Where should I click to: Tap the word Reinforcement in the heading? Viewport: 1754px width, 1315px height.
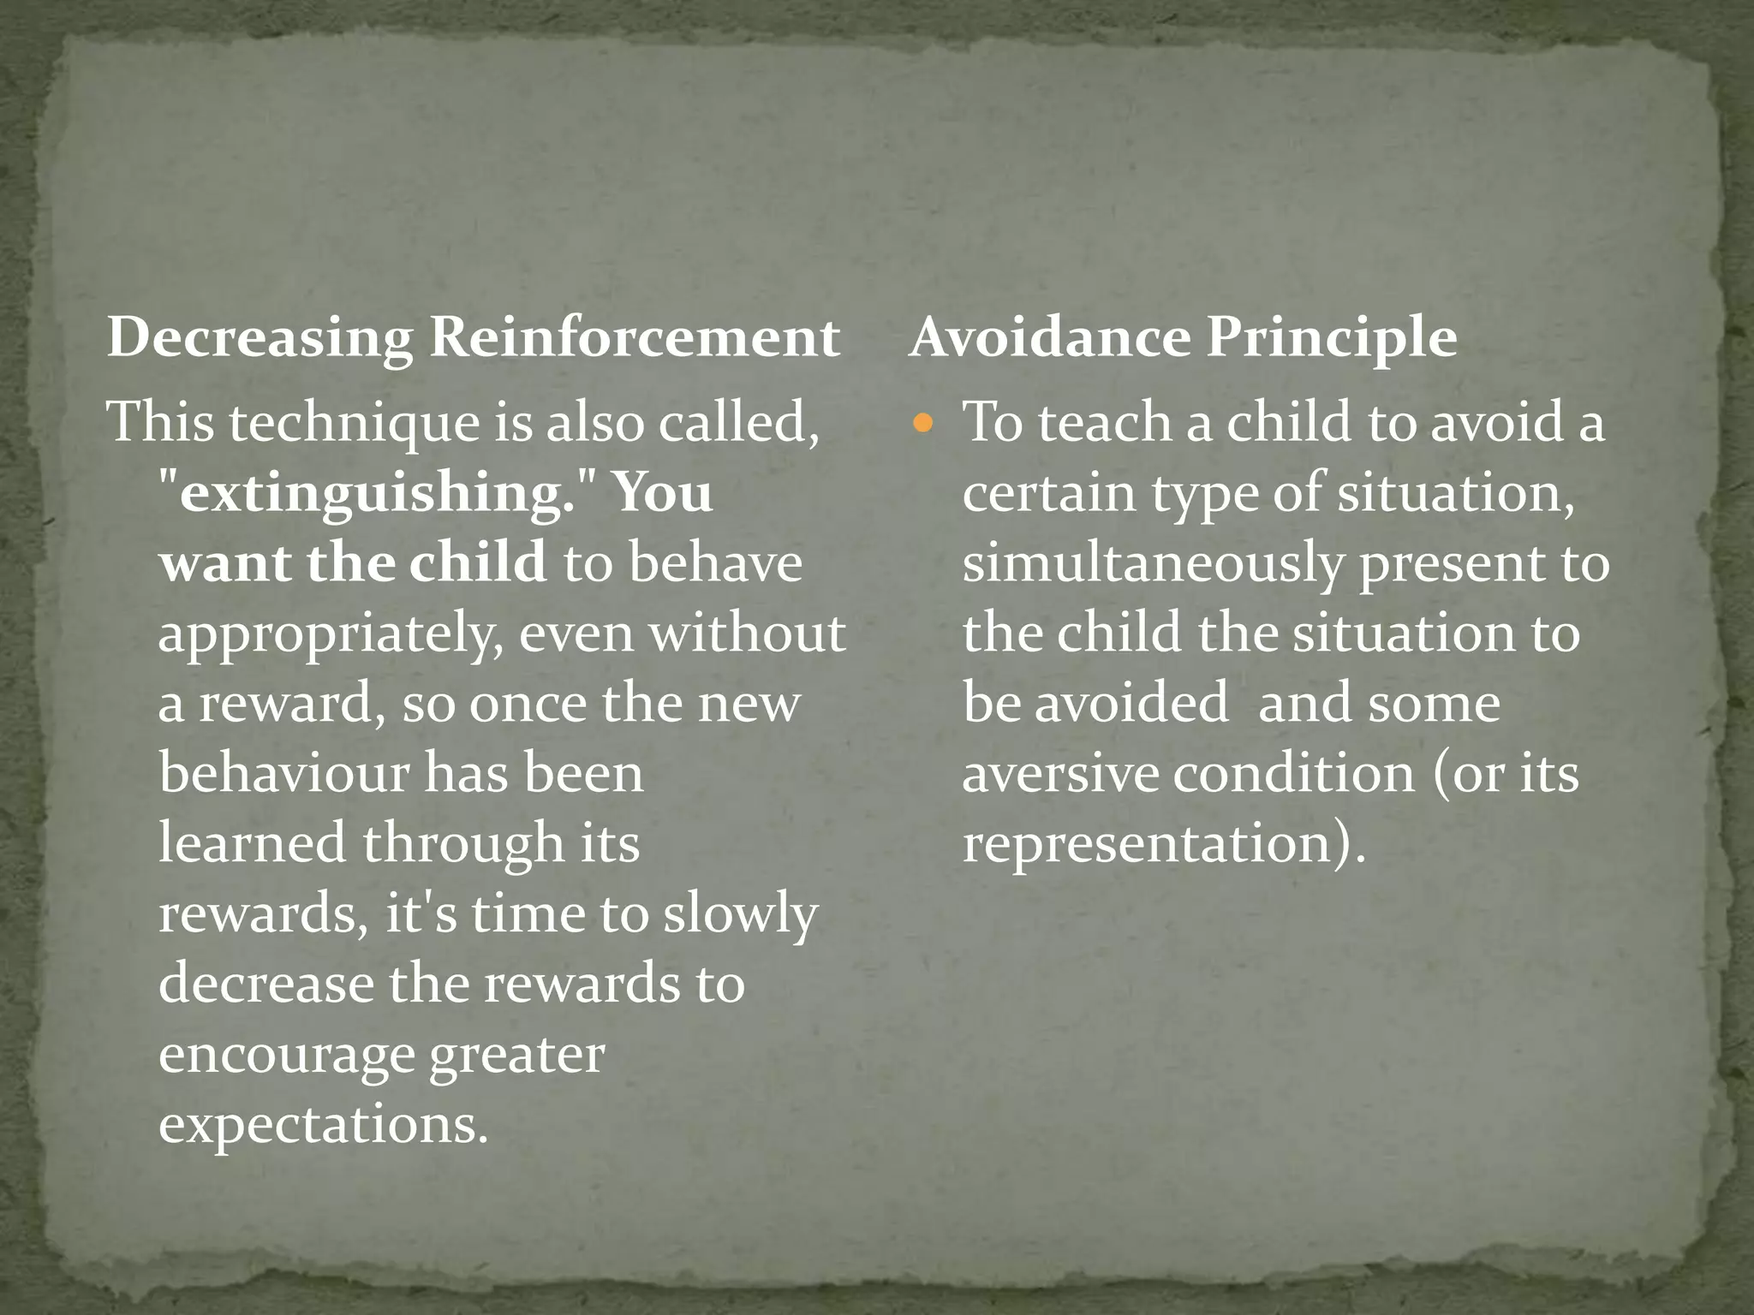click(x=634, y=337)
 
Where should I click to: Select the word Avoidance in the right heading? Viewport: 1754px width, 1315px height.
click(x=1050, y=337)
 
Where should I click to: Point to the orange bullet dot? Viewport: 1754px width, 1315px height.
click(x=922, y=422)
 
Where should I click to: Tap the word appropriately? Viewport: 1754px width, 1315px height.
click(x=330, y=635)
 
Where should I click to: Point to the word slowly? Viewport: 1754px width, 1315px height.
click(x=740, y=914)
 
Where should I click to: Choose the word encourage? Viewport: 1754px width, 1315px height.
click(x=285, y=1055)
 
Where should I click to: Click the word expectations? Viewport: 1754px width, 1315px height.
click(x=323, y=1125)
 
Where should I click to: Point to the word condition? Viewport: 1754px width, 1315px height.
click(x=1294, y=774)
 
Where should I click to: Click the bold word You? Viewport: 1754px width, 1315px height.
click(x=663, y=493)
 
